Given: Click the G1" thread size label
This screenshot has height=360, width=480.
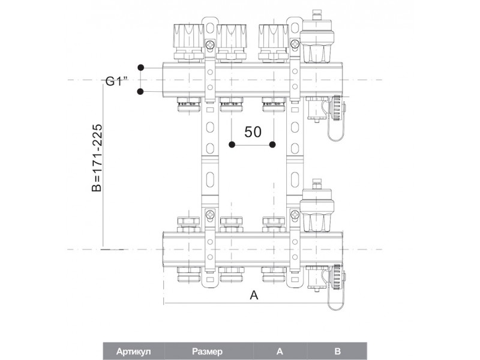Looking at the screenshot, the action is pyautogui.click(x=116, y=82).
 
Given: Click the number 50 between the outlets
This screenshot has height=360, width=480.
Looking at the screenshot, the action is pyautogui.click(x=253, y=131).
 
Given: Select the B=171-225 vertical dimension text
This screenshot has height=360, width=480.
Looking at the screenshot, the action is pyautogui.click(x=97, y=158).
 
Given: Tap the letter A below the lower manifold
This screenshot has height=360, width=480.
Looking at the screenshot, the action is pyautogui.click(x=254, y=295).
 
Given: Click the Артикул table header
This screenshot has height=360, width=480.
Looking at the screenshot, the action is pyautogui.click(x=133, y=351).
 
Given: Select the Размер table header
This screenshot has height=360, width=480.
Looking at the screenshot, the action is pyautogui.click(x=207, y=351).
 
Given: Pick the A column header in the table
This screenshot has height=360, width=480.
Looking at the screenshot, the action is pyautogui.click(x=280, y=351).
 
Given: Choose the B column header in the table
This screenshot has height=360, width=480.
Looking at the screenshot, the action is pyautogui.click(x=337, y=351).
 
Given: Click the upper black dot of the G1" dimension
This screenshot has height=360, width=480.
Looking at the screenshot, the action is pyautogui.click(x=140, y=67).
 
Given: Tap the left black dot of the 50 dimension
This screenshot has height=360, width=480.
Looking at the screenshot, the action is pyautogui.click(x=232, y=145).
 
